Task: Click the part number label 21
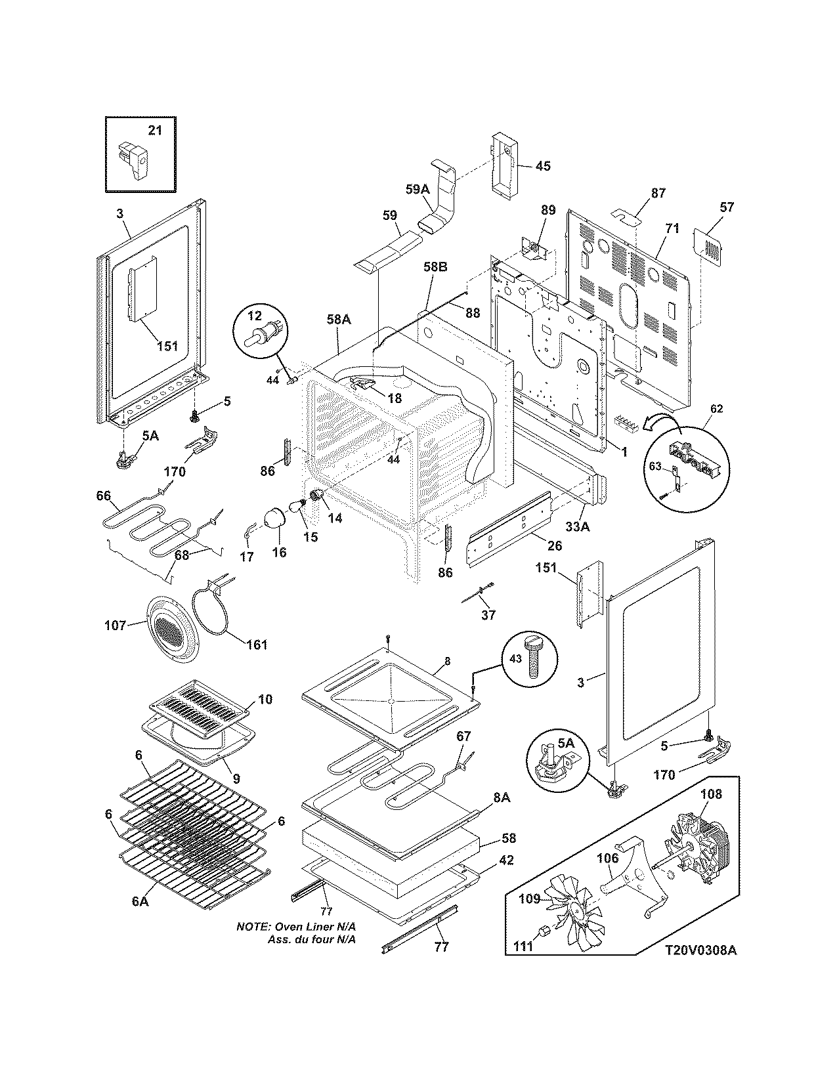pos(154,130)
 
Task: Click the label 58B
pos(435,267)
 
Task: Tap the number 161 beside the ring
pos(256,645)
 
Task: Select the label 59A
pos(418,190)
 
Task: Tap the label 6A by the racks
pos(140,902)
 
